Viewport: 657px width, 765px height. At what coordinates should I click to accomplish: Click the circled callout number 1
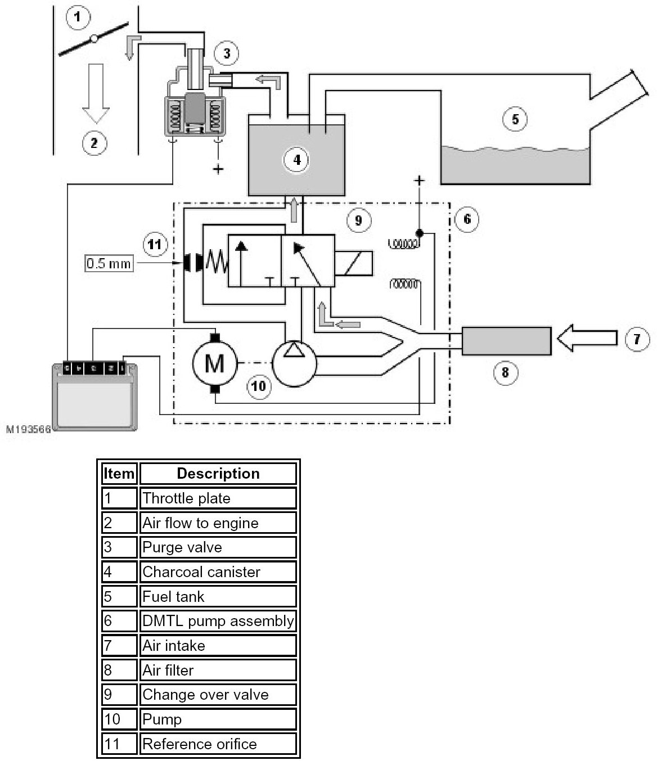click(77, 17)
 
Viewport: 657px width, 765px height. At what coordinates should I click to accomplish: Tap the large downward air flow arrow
click(96, 93)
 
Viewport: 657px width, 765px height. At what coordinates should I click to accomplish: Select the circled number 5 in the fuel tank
click(515, 119)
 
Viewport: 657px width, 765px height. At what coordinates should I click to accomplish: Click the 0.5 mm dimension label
click(109, 263)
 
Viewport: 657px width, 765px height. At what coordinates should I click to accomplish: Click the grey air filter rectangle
click(506, 341)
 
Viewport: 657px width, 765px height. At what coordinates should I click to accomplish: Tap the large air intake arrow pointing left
click(587, 337)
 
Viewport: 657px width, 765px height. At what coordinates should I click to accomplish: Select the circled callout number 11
click(155, 244)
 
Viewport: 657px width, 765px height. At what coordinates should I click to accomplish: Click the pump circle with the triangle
click(294, 363)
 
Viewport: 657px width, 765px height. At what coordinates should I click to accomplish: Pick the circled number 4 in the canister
click(296, 160)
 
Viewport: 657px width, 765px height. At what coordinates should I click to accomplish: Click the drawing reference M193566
click(28, 429)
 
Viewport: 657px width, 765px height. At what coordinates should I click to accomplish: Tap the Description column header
click(218, 474)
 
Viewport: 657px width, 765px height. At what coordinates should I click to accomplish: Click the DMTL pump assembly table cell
click(218, 621)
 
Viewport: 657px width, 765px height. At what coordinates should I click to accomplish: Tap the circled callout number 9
click(358, 220)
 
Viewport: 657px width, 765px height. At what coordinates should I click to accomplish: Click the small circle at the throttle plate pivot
click(94, 39)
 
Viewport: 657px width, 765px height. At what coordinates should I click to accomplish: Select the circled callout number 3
click(227, 53)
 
